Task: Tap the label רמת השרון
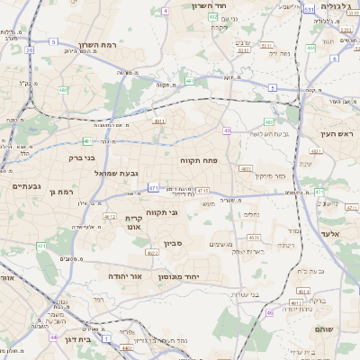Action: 99,44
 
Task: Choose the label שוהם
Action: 324,329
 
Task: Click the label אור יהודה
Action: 125,275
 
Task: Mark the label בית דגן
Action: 80,340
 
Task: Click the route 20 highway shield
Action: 30,50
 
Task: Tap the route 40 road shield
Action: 228,130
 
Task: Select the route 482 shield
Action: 64,90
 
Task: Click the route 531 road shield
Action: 309,9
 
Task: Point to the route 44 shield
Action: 54,337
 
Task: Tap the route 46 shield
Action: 269,312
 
